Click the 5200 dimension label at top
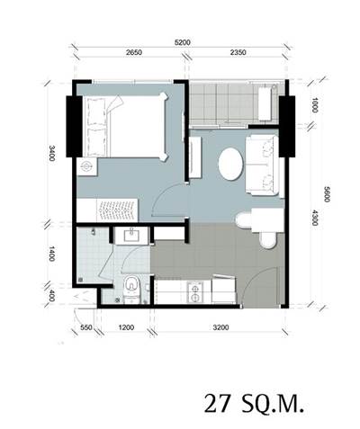point(183,42)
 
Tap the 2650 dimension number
point(134,52)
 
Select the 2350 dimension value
point(238,52)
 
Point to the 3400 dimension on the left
point(52,153)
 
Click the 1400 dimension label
point(52,254)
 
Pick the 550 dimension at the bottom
point(86,327)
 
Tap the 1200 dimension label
point(126,327)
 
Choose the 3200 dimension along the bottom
point(220,327)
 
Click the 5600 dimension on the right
point(327,194)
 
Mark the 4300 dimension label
point(314,218)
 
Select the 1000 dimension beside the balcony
point(314,105)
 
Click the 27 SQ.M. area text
point(254,404)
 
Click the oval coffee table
point(230,164)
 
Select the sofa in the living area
point(263,165)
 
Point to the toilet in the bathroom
point(131,290)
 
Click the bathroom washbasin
point(131,236)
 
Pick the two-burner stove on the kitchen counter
point(195,293)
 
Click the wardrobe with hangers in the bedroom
point(107,210)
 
